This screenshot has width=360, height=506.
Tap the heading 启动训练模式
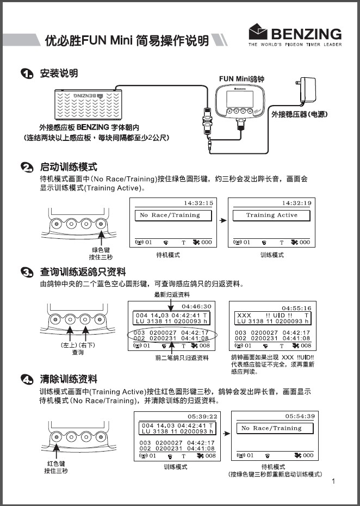[x=69, y=166]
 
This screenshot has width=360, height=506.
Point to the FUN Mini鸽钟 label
[x=241, y=79]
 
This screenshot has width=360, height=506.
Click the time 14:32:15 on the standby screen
[x=198, y=203]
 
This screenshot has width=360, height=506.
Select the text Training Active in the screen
[x=271, y=215]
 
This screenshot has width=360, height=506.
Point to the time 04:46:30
[x=198, y=306]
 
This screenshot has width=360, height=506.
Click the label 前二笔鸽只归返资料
[x=182, y=357]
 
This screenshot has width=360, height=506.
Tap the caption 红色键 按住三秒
[x=56, y=467]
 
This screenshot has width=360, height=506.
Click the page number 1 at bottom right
[x=333, y=481]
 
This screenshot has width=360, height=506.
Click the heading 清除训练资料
[x=69, y=379]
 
